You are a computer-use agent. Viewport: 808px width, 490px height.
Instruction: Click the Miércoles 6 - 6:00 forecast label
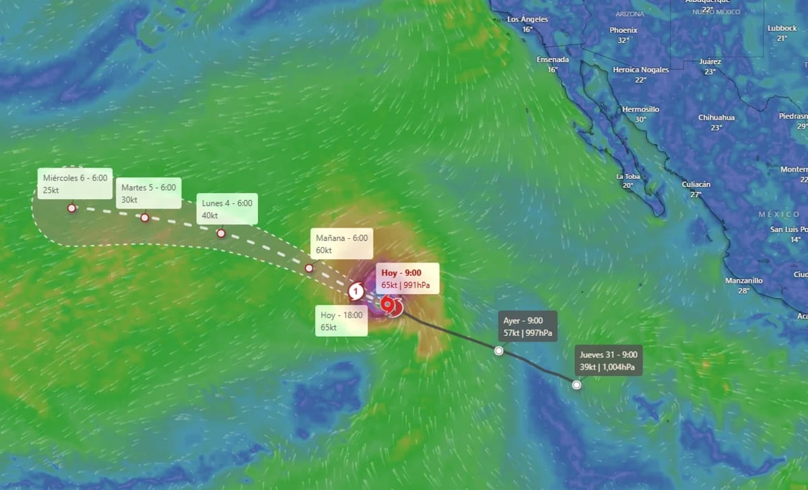[x=75, y=183]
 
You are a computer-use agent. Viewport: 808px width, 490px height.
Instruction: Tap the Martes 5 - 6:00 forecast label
[x=148, y=193]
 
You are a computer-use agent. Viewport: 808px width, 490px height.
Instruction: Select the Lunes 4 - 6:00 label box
[x=225, y=209]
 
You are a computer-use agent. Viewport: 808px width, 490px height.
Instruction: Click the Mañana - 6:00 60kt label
[x=342, y=244]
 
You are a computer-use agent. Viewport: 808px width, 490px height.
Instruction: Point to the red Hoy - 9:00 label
[x=406, y=279]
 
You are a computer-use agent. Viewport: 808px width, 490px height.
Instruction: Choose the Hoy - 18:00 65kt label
[x=342, y=320]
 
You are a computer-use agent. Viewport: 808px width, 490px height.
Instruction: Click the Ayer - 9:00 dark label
[x=528, y=326]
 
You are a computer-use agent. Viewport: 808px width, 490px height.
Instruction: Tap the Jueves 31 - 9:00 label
[x=608, y=361]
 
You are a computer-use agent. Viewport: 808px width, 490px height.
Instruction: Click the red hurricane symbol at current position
[x=389, y=306]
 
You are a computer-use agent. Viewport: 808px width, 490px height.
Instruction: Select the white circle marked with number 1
[x=356, y=292]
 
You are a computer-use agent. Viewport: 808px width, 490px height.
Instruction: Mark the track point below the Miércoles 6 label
[x=71, y=208]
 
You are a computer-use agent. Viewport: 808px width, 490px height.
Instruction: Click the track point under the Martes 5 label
[x=145, y=217]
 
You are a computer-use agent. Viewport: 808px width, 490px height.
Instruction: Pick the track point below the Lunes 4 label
[x=221, y=233]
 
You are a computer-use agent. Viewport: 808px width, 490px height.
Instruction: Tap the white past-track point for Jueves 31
[x=576, y=384]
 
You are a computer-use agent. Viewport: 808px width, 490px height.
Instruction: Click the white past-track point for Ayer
[x=498, y=350]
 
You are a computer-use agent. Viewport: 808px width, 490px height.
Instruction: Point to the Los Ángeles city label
[x=527, y=20]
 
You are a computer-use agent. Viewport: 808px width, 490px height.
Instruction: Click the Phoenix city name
[x=624, y=30]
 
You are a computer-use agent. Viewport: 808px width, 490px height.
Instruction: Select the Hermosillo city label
[x=640, y=109]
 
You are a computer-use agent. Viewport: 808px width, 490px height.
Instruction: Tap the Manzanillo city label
[x=743, y=281]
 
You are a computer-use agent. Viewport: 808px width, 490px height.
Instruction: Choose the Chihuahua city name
[x=716, y=117]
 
